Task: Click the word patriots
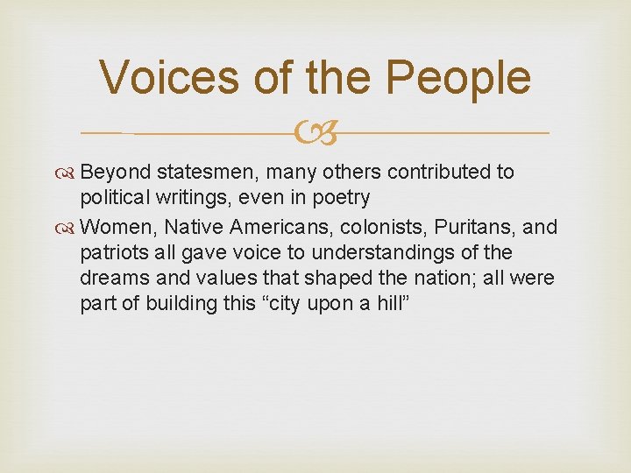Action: (112, 253)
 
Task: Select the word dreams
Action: (111, 279)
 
